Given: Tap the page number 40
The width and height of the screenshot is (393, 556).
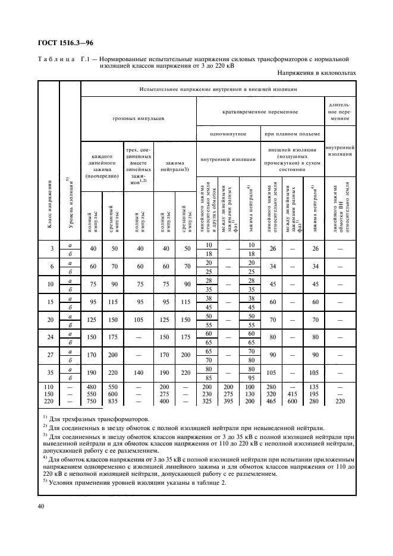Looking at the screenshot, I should pos(40,506).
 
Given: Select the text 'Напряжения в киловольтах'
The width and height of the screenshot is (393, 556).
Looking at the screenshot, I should pos(316,73).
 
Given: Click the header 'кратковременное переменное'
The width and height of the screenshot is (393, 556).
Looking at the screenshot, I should pos(260,111).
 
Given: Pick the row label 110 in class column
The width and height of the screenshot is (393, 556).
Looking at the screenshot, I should pos(49,387).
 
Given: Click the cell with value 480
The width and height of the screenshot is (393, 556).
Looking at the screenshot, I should pos(92,387).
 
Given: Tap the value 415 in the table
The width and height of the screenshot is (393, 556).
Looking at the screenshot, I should pos(292,394).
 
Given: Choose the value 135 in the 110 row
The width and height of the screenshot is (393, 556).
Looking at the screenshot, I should pos(313,387).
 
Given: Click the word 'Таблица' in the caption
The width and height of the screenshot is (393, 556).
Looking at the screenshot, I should pos(58,59).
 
